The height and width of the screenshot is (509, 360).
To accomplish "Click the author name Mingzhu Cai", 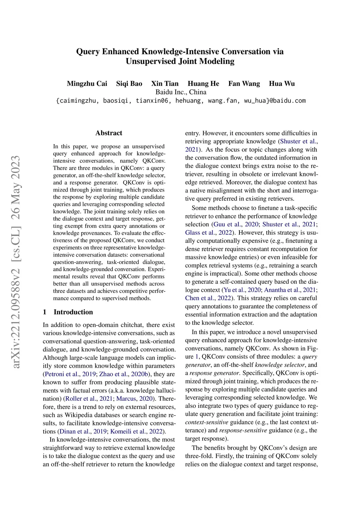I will (87, 84).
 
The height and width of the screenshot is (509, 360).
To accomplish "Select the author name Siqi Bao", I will (129, 84).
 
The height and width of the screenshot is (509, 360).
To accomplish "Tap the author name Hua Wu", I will (282, 84).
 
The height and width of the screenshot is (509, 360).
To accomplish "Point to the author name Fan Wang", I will (244, 84).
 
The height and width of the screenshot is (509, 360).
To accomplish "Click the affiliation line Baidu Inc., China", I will (181, 92).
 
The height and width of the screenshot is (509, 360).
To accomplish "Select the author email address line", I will (181, 101).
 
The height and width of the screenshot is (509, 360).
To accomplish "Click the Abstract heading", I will (109, 133).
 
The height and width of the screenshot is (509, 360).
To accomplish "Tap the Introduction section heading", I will (73, 312).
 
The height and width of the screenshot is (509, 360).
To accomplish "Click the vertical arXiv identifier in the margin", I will (16, 262).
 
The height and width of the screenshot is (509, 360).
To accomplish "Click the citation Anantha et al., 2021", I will (290, 290).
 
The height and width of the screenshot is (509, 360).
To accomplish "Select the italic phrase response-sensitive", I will (243, 431).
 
